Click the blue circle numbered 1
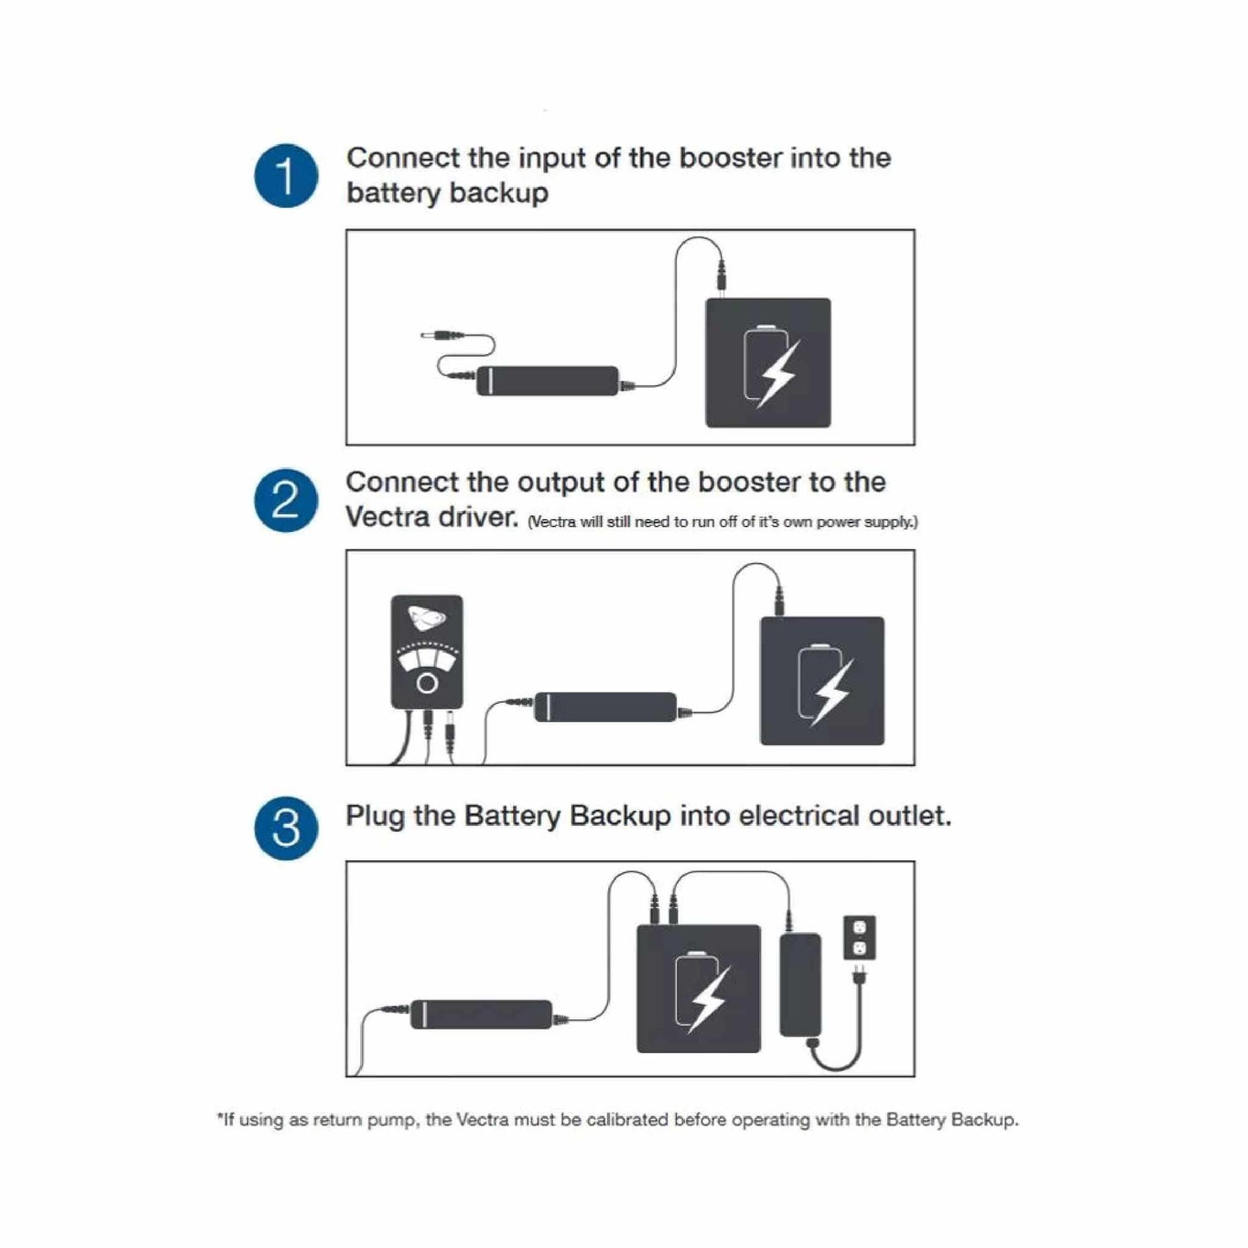tap(286, 176)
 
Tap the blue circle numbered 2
tap(286, 501)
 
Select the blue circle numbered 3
tap(286, 827)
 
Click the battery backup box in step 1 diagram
tap(768, 363)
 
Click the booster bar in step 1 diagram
tap(548, 380)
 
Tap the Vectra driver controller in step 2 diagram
tap(427, 651)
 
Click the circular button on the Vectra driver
tap(427, 684)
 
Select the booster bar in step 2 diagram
tap(605, 706)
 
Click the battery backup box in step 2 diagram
tap(821, 681)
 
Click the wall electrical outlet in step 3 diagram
tap(858, 937)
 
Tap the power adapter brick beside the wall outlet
tap(801, 985)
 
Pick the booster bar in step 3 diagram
tap(481, 1014)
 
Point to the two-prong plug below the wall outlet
tap(858, 977)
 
